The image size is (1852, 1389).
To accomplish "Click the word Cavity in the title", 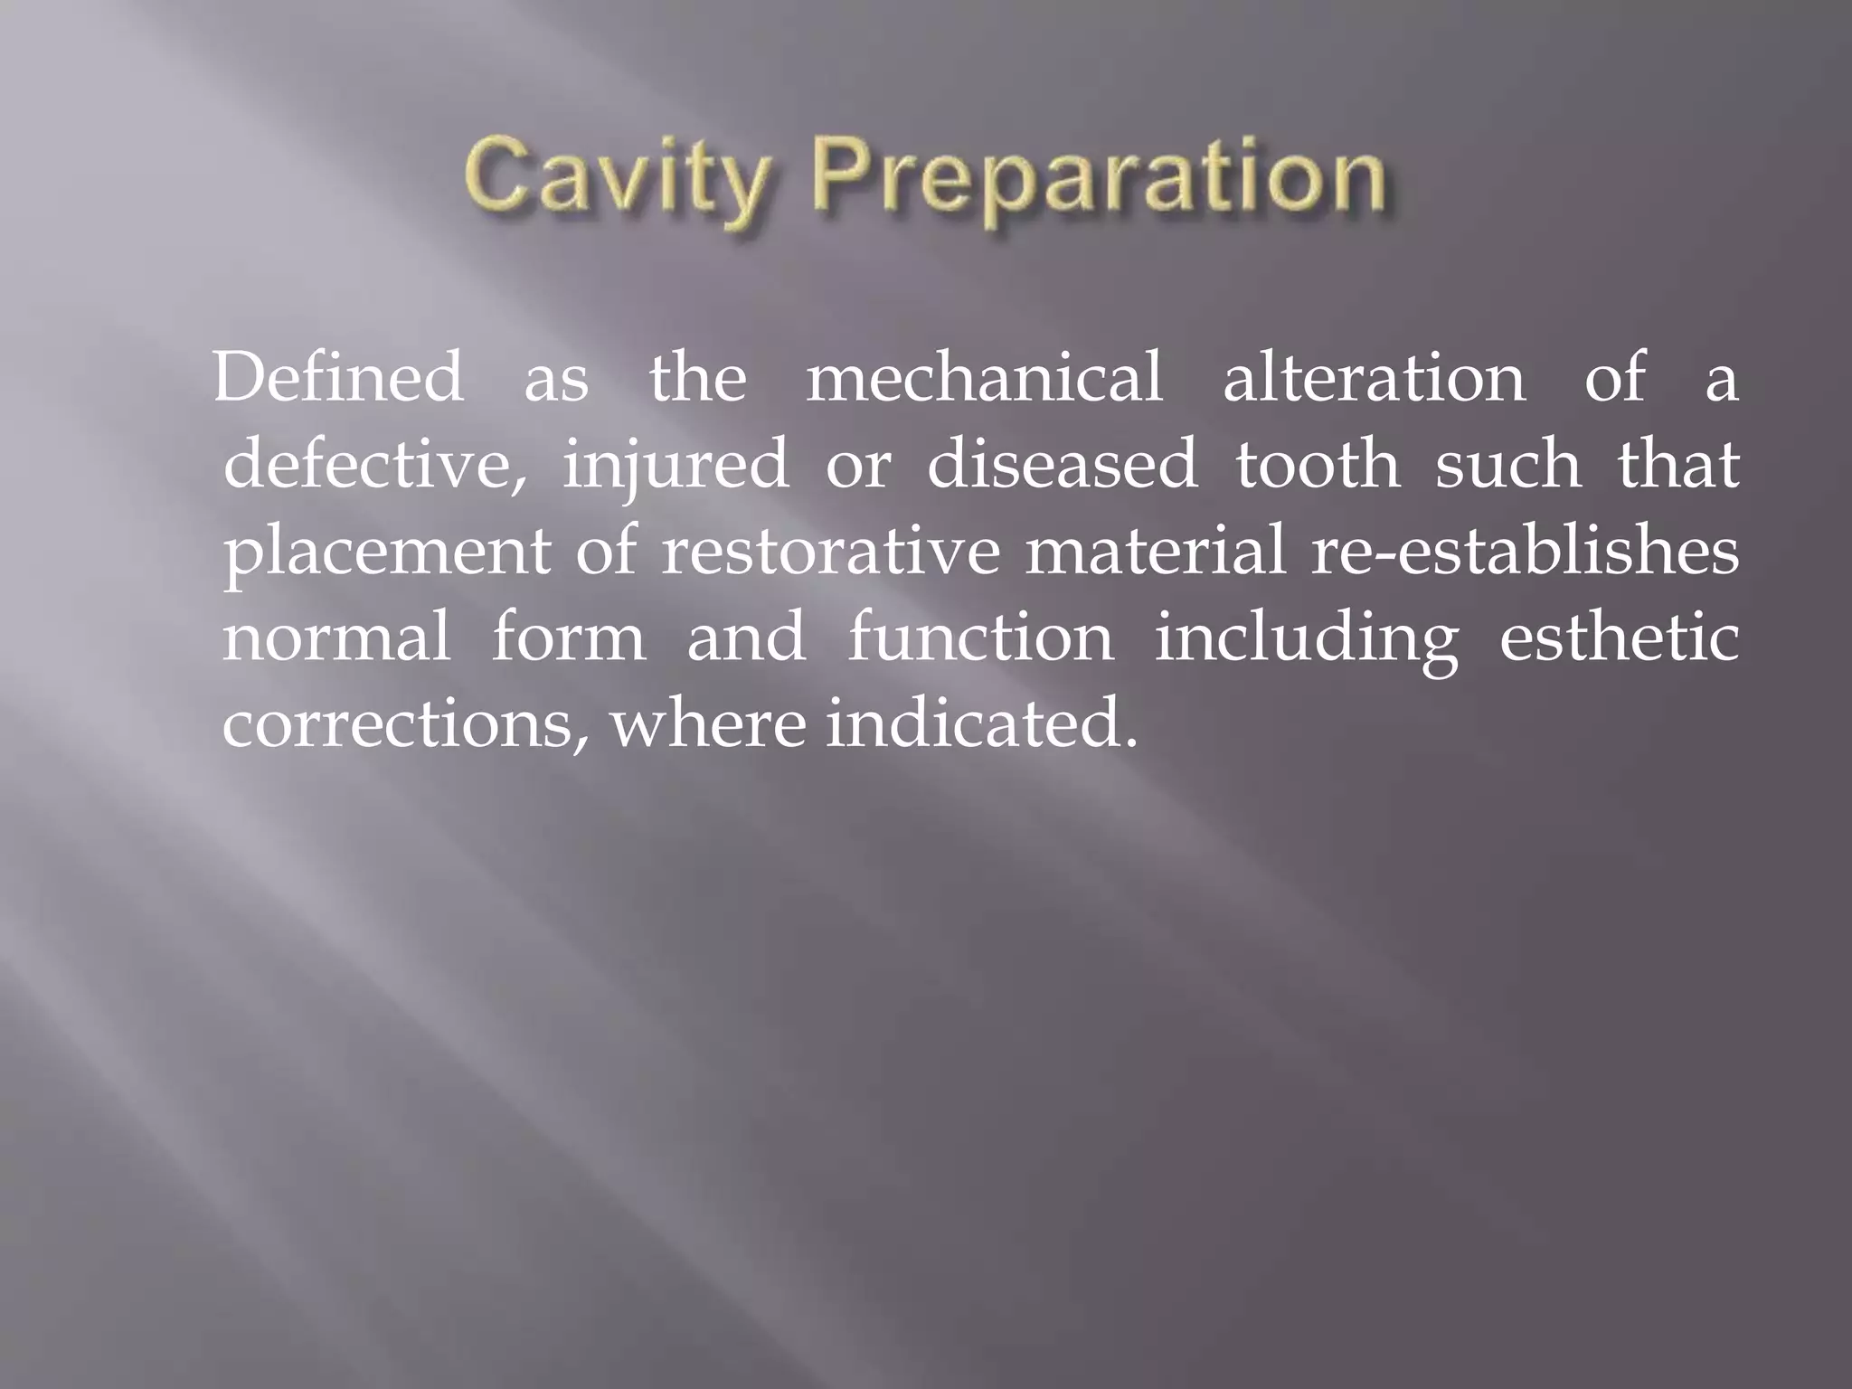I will point(620,181).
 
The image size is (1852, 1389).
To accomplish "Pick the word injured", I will point(676,467).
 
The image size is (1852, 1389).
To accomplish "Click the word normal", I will point(336,638).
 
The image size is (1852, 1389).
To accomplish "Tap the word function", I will point(980,638).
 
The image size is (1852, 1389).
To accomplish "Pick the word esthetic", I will point(1619,638).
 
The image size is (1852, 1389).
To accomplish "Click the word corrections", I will point(404,725).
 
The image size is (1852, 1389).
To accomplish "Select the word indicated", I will point(980,725).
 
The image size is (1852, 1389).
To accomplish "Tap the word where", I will point(707,725).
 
